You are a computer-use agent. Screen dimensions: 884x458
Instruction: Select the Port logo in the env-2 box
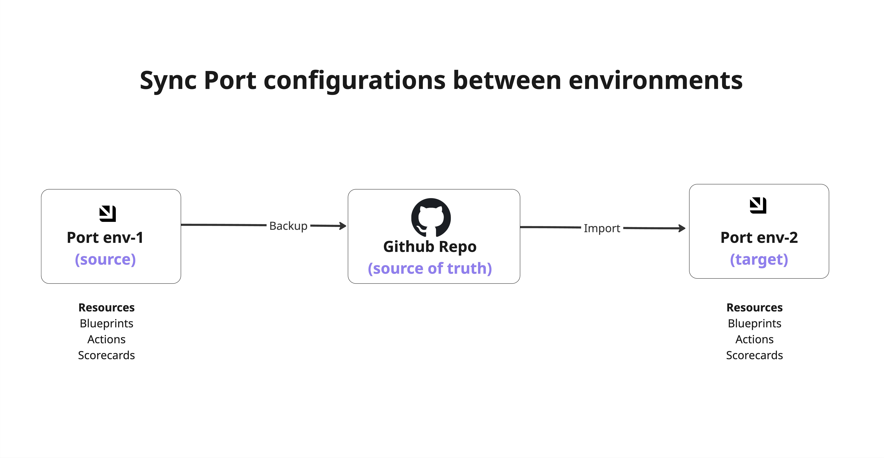[x=758, y=205]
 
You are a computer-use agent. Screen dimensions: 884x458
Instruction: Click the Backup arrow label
[x=288, y=226]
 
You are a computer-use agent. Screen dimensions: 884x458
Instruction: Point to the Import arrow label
[x=602, y=228]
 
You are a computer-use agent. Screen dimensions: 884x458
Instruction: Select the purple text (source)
[x=105, y=260]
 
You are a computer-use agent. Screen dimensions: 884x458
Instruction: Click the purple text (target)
[x=759, y=260]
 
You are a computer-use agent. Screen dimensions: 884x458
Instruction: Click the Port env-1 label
[x=105, y=238]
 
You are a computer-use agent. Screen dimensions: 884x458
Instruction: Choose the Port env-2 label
[x=759, y=238]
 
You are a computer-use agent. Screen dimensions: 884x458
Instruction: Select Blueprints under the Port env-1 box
[x=106, y=323]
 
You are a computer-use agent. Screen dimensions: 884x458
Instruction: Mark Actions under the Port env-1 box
[x=106, y=339]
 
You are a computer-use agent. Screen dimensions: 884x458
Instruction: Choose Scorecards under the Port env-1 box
[x=106, y=355]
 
